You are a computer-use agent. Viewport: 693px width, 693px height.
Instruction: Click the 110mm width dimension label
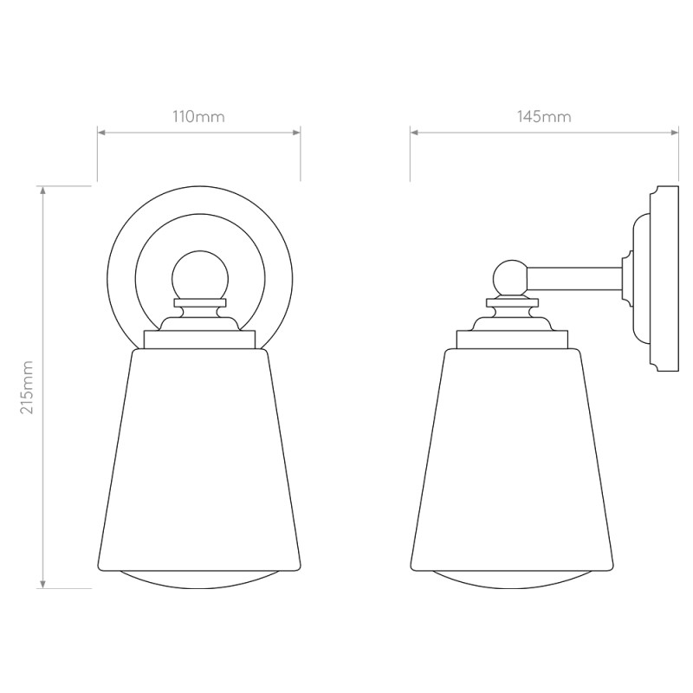(198, 117)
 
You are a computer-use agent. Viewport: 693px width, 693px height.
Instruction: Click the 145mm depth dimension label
(544, 117)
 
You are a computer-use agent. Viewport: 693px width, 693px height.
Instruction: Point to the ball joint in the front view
(199, 276)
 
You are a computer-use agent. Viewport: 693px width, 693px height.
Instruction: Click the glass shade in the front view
(199, 459)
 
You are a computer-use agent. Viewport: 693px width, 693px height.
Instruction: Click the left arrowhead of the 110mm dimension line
(100, 133)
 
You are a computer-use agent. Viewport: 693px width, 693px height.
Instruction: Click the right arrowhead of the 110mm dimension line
(297, 133)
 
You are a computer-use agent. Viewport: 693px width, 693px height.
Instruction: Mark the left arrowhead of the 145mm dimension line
(414, 133)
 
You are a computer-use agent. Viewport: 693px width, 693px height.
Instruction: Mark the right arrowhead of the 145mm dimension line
(677, 133)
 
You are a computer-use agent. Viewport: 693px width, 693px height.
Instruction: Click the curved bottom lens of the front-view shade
(199, 580)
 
